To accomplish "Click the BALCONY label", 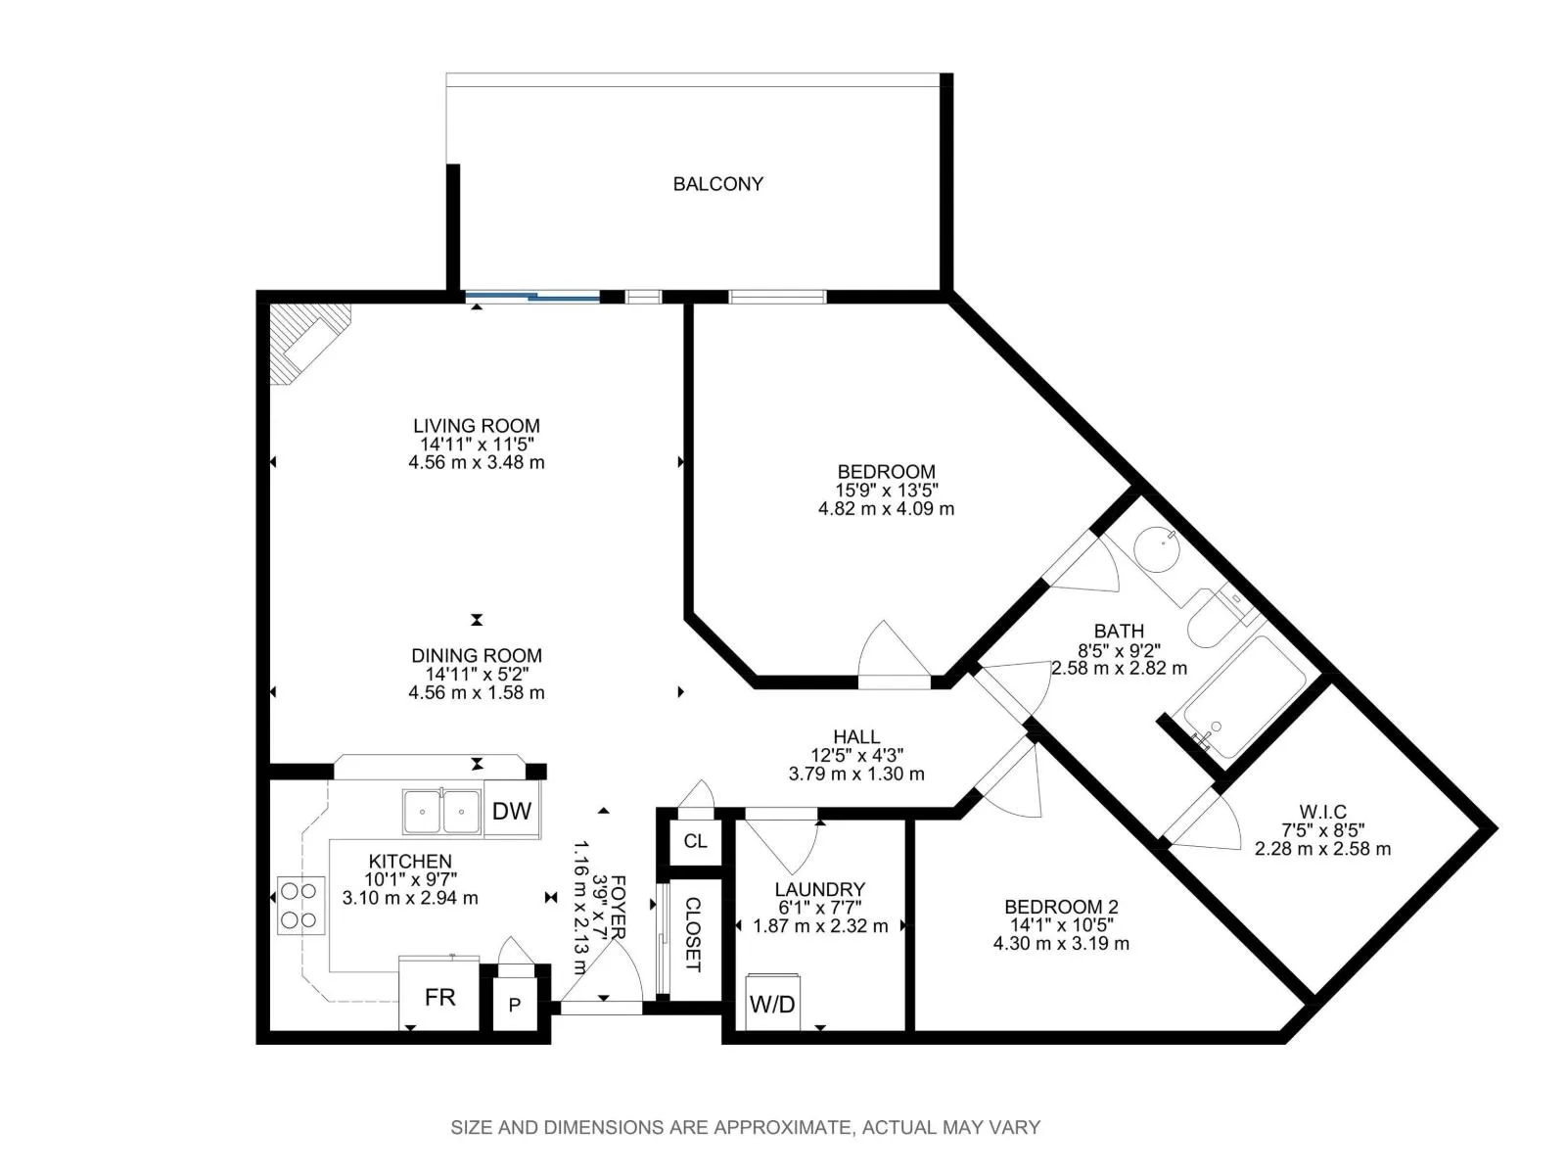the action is tap(717, 184).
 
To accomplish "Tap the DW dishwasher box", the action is tap(512, 811).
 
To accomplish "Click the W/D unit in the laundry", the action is tap(772, 1003).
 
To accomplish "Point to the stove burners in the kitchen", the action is tap(299, 906).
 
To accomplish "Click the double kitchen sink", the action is tap(442, 811).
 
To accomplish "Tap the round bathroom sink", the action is tap(1157, 549).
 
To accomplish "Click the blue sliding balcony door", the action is tap(532, 297).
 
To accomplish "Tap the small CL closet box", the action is tap(696, 841).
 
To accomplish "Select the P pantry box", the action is tap(515, 1006).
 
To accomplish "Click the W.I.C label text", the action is tap(1322, 812).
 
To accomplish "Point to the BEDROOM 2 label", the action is tap(1061, 907).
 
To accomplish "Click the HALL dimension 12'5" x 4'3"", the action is tap(856, 755).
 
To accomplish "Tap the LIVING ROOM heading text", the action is tap(477, 426).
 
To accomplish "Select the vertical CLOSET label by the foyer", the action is tap(693, 934).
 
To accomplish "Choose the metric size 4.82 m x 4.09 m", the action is tap(886, 508).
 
